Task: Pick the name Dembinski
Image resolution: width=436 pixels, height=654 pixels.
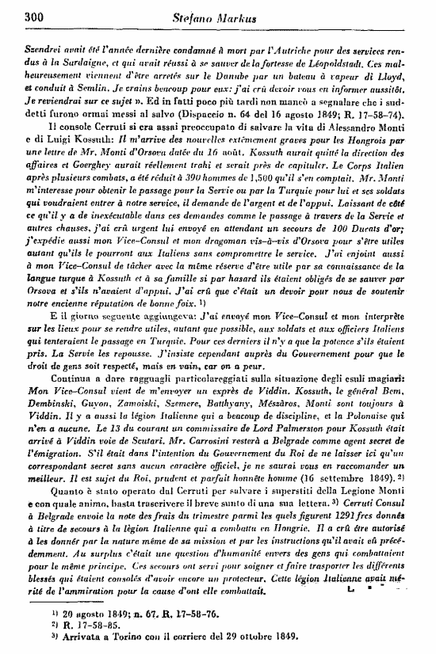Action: click(47, 402)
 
